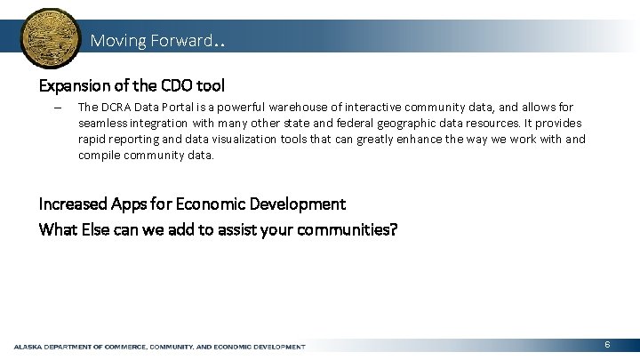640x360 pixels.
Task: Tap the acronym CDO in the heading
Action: pos(179,86)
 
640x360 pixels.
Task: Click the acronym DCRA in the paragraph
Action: pos(118,107)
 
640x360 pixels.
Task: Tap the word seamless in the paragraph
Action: pos(104,123)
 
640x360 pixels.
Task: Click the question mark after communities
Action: pos(394,229)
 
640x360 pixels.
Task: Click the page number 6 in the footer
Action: pos(606,344)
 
